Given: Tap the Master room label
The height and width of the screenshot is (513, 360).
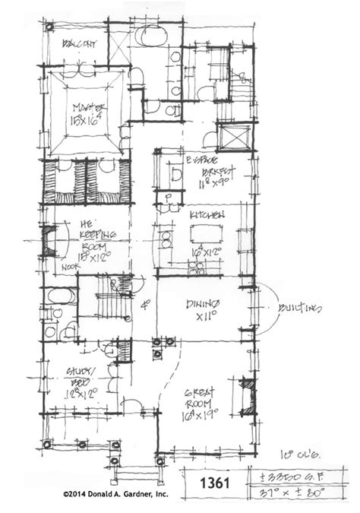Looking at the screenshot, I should tap(88, 107).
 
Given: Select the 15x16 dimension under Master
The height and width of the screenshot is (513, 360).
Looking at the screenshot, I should tap(88, 120).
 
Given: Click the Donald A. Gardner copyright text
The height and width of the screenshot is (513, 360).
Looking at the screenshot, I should tap(115, 495).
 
